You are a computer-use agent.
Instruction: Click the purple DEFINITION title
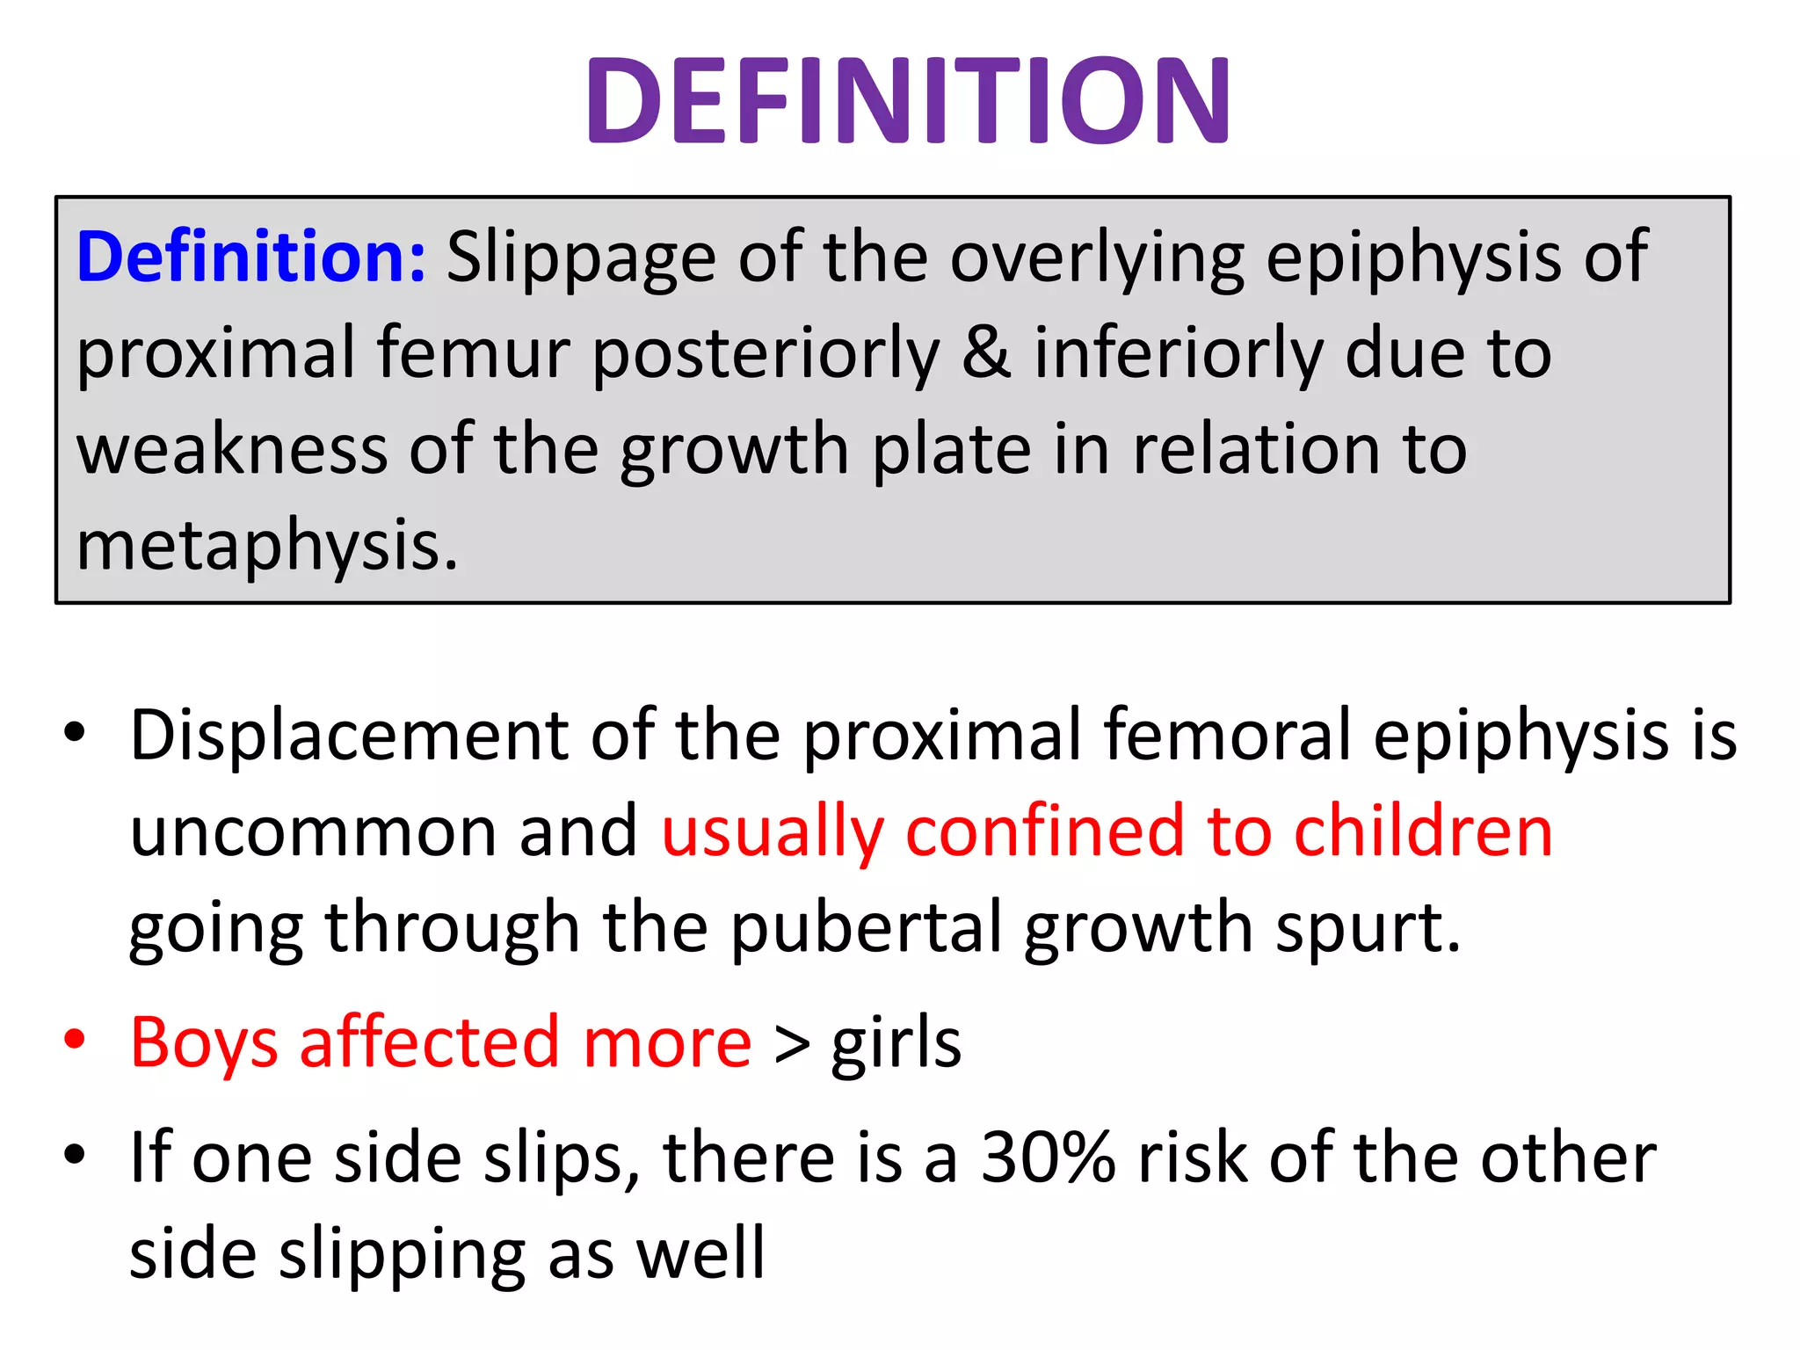pyautogui.click(x=908, y=99)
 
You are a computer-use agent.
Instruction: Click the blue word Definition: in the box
pyautogui.click(x=251, y=257)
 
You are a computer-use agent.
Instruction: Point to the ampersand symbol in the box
pyautogui.click(x=986, y=353)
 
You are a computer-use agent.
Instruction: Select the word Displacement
pyautogui.click(x=349, y=735)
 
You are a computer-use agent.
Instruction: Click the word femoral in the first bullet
pyautogui.click(x=1227, y=735)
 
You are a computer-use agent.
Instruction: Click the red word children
pyautogui.click(x=1423, y=831)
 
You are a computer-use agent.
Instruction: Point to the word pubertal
pyautogui.click(x=866, y=928)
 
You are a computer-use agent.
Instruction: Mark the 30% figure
pyautogui.click(x=1048, y=1158)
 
